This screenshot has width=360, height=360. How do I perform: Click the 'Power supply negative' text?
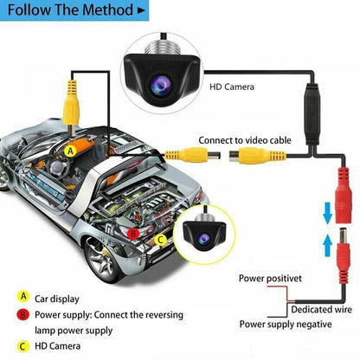coord(286,324)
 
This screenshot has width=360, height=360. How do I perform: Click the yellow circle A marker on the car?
coord(70,150)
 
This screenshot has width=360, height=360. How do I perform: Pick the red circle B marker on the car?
coord(132,233)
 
